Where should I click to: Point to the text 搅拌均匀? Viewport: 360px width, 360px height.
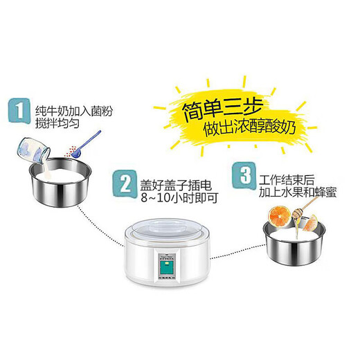54,118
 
